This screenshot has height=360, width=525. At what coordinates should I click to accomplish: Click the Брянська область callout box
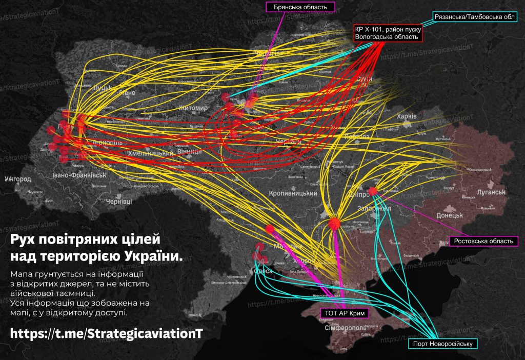point(300,7)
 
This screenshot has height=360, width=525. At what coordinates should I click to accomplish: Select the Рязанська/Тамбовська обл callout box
point(474,17)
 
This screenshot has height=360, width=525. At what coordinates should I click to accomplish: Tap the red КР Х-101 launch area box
point(388,33)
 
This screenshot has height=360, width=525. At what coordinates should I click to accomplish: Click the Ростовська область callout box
point(482,241)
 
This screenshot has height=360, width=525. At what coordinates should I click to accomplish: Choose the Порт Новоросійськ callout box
point(442,344)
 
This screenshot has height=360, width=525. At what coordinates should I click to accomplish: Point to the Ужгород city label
point(17,179)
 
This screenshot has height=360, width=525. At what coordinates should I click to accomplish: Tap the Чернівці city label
point(118,202)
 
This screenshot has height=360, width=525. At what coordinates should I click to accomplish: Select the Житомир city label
point(193,108)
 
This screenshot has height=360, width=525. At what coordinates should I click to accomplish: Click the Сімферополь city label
point(345,327)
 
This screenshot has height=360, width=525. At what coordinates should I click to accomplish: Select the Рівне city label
point(127,92)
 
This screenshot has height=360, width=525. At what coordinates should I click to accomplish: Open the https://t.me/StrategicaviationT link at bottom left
point(107,333)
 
